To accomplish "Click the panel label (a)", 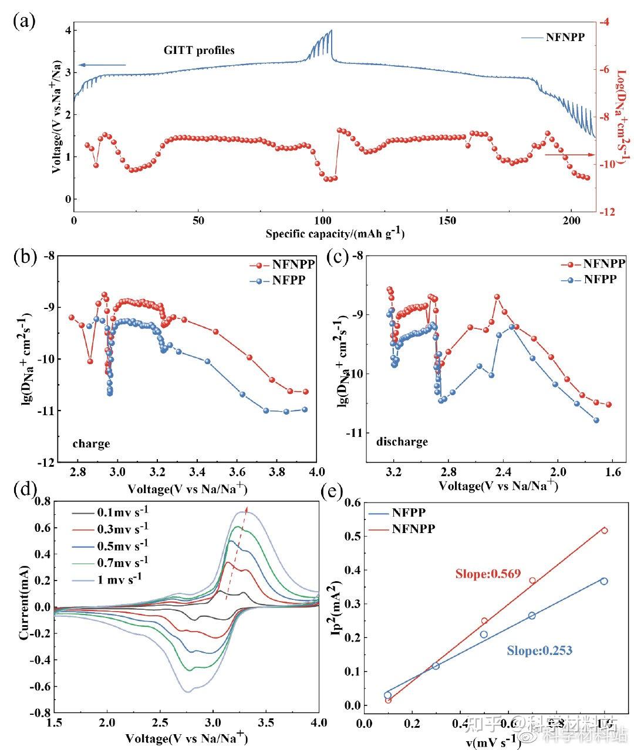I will (x=25, y=22).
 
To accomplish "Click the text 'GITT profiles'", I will (x=199, y=50).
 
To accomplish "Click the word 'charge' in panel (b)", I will (x=91, y=443).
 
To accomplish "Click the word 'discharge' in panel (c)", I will (x=402, y=442).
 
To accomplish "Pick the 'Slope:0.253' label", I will (x=540, y=650).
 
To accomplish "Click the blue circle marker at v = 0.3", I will (x=436, y=666).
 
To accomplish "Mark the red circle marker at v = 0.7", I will (x=532, y=581).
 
